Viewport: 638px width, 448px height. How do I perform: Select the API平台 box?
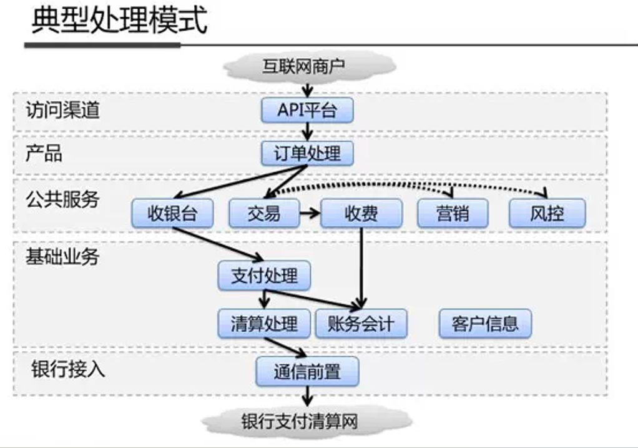point(307,111)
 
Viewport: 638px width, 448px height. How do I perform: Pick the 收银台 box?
point(172,214)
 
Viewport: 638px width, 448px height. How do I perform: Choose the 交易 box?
point(263,214)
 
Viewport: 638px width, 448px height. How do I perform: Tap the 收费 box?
point(361,214)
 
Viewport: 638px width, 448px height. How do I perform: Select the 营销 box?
point(452,214)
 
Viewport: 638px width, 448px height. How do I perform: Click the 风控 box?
point(547,214)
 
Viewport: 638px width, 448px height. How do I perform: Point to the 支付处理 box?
point(264,276)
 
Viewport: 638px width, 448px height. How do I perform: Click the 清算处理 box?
point(264,324)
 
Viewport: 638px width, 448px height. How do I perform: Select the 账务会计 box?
point(361,324)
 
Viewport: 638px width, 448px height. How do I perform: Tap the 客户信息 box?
point(484,324)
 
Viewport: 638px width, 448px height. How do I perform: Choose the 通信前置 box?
point(307,372)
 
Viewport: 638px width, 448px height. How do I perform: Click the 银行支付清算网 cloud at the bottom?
point(300,421)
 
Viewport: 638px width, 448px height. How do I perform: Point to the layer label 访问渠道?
point(62,111)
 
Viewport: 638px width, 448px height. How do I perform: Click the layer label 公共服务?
point(62,199)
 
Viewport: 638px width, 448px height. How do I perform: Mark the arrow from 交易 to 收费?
point(309,214)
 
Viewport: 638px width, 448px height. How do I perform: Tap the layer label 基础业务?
point(62,256)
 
